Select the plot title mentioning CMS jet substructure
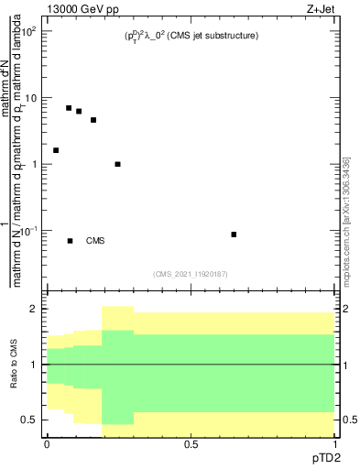(x=191, y=36)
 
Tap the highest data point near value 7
(x=69, y=108)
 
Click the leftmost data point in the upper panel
(x=56, y=150)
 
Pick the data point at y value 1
(x=117, y=164)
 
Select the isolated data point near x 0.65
(x=234, y=234)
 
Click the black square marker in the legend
(x=70, y=241)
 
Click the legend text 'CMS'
(x=95, y=241)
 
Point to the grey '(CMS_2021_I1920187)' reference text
(x=191, y=274)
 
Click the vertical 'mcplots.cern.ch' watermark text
(x=345, y=220)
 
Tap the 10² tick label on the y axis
(x=29, y=31)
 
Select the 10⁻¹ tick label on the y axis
(x=29, y=231)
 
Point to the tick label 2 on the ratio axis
(x=35, y=309)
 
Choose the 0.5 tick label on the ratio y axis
(x=31, y=420)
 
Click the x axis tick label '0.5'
(x=191, y=443)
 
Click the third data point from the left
(x=79, y=112)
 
